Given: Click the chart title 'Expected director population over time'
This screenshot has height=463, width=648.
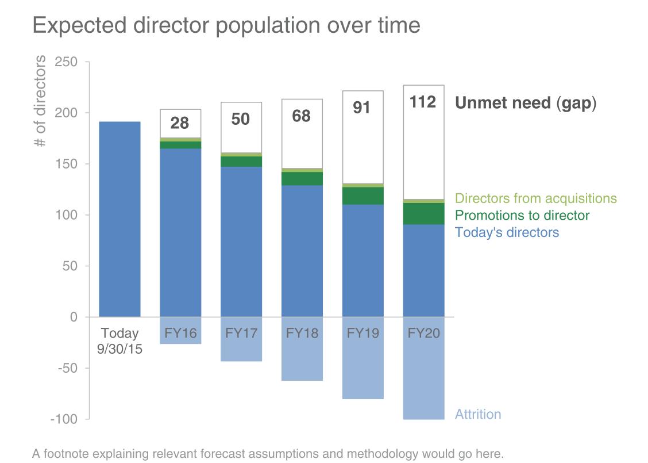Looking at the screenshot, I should pyautogui.click(x=226, y=25).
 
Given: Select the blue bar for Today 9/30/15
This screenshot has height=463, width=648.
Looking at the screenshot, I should pyautogui.click(x=119, y=219).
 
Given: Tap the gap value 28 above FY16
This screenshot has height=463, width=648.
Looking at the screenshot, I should pyautogui.click(x=180, y=123).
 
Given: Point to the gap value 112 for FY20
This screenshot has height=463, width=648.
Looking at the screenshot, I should pyautogui.click(x=423, y=102).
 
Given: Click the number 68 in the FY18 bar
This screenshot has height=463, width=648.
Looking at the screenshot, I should pyautogui.click(x=302, y=116).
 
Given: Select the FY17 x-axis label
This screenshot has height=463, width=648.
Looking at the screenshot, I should pyautogui.click(x=241, y=334).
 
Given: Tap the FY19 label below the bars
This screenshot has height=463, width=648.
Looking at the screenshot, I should pyautogui.click(x=362, y=334).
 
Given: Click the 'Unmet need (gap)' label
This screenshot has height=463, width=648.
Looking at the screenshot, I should pyautogui.click(x=526, y=104).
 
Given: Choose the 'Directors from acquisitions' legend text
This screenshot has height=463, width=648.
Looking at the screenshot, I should pyautogui.click(x=536, y=198).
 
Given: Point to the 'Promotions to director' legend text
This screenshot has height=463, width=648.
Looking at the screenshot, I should pyautogui.click(x=522, y=216).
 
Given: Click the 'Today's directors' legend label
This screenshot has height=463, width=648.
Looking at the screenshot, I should pyautogui.click(x=507, y=232).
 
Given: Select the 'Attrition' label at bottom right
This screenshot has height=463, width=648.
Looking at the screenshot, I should pyautogui.click(x=478, y=414).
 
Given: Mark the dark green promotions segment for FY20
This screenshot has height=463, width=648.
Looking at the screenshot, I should pyautogui.click(x=423, y=213).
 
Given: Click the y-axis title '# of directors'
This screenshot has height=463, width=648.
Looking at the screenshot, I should pyautogui.click(x=41, y=101).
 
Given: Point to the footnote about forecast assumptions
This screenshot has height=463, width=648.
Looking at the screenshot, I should pyautogui.click(x=268, y=454).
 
